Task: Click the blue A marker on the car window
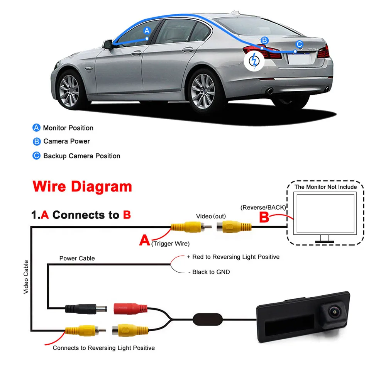point(146,30)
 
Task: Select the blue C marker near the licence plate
point(299,44)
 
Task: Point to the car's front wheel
point(69,90)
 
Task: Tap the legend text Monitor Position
point(68,128)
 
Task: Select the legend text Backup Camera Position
point(81,156)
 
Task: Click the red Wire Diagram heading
point(83,186)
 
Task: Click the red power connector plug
point(130,309)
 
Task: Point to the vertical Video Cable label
point(26,277)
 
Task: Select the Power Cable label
point(77,258)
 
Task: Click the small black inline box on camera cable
point(205,319)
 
